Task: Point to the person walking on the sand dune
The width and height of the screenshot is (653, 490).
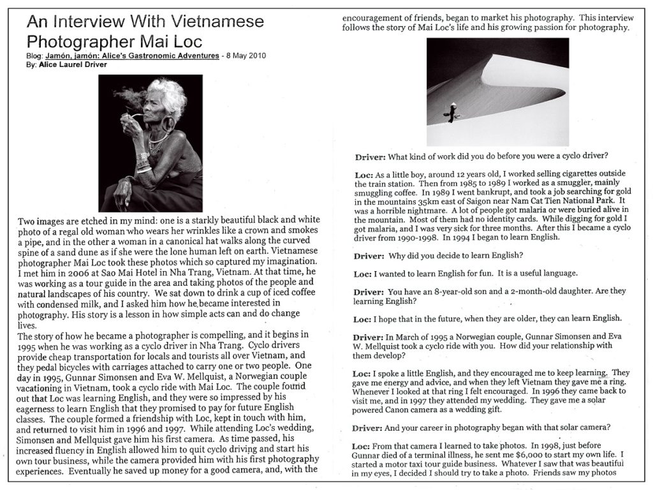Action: (x=451, y=113)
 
